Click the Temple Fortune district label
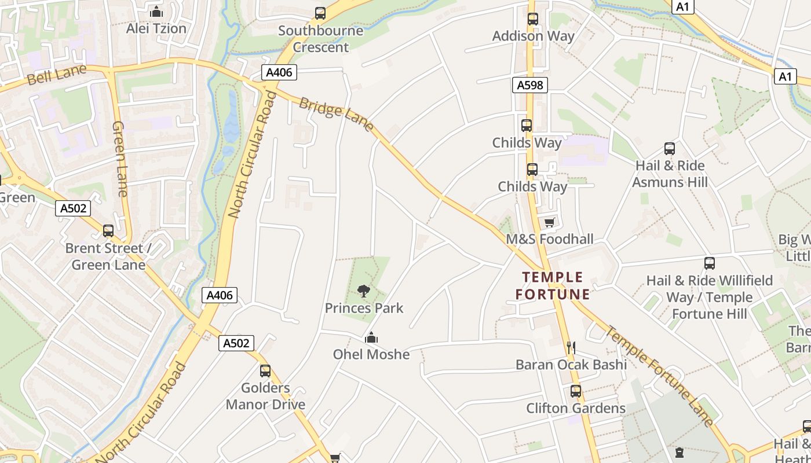pos(553,286)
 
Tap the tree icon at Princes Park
pos(364,291)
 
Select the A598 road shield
pos(530,86)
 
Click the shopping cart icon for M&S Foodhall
pos(549,223)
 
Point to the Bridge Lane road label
pos(336,114)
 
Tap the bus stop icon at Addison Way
pos(533,19)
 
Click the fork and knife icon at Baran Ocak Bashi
pos(571,347)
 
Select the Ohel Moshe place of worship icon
pos(371,337)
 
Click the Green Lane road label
pos(120,159)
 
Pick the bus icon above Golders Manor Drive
pos(265,371)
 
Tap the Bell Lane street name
pos(56,75)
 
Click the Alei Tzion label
pos(156,28)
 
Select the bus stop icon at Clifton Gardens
pos(575,391)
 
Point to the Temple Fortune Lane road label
pos(660,376)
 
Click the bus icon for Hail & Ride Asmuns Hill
pos(670,149)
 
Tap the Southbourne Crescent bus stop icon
pos(320,13)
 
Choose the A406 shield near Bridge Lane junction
pos(279,72)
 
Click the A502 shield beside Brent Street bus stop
pos(73,208)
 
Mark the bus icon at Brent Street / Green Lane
pos(108,231)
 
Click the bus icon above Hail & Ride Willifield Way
pos(710,263)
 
